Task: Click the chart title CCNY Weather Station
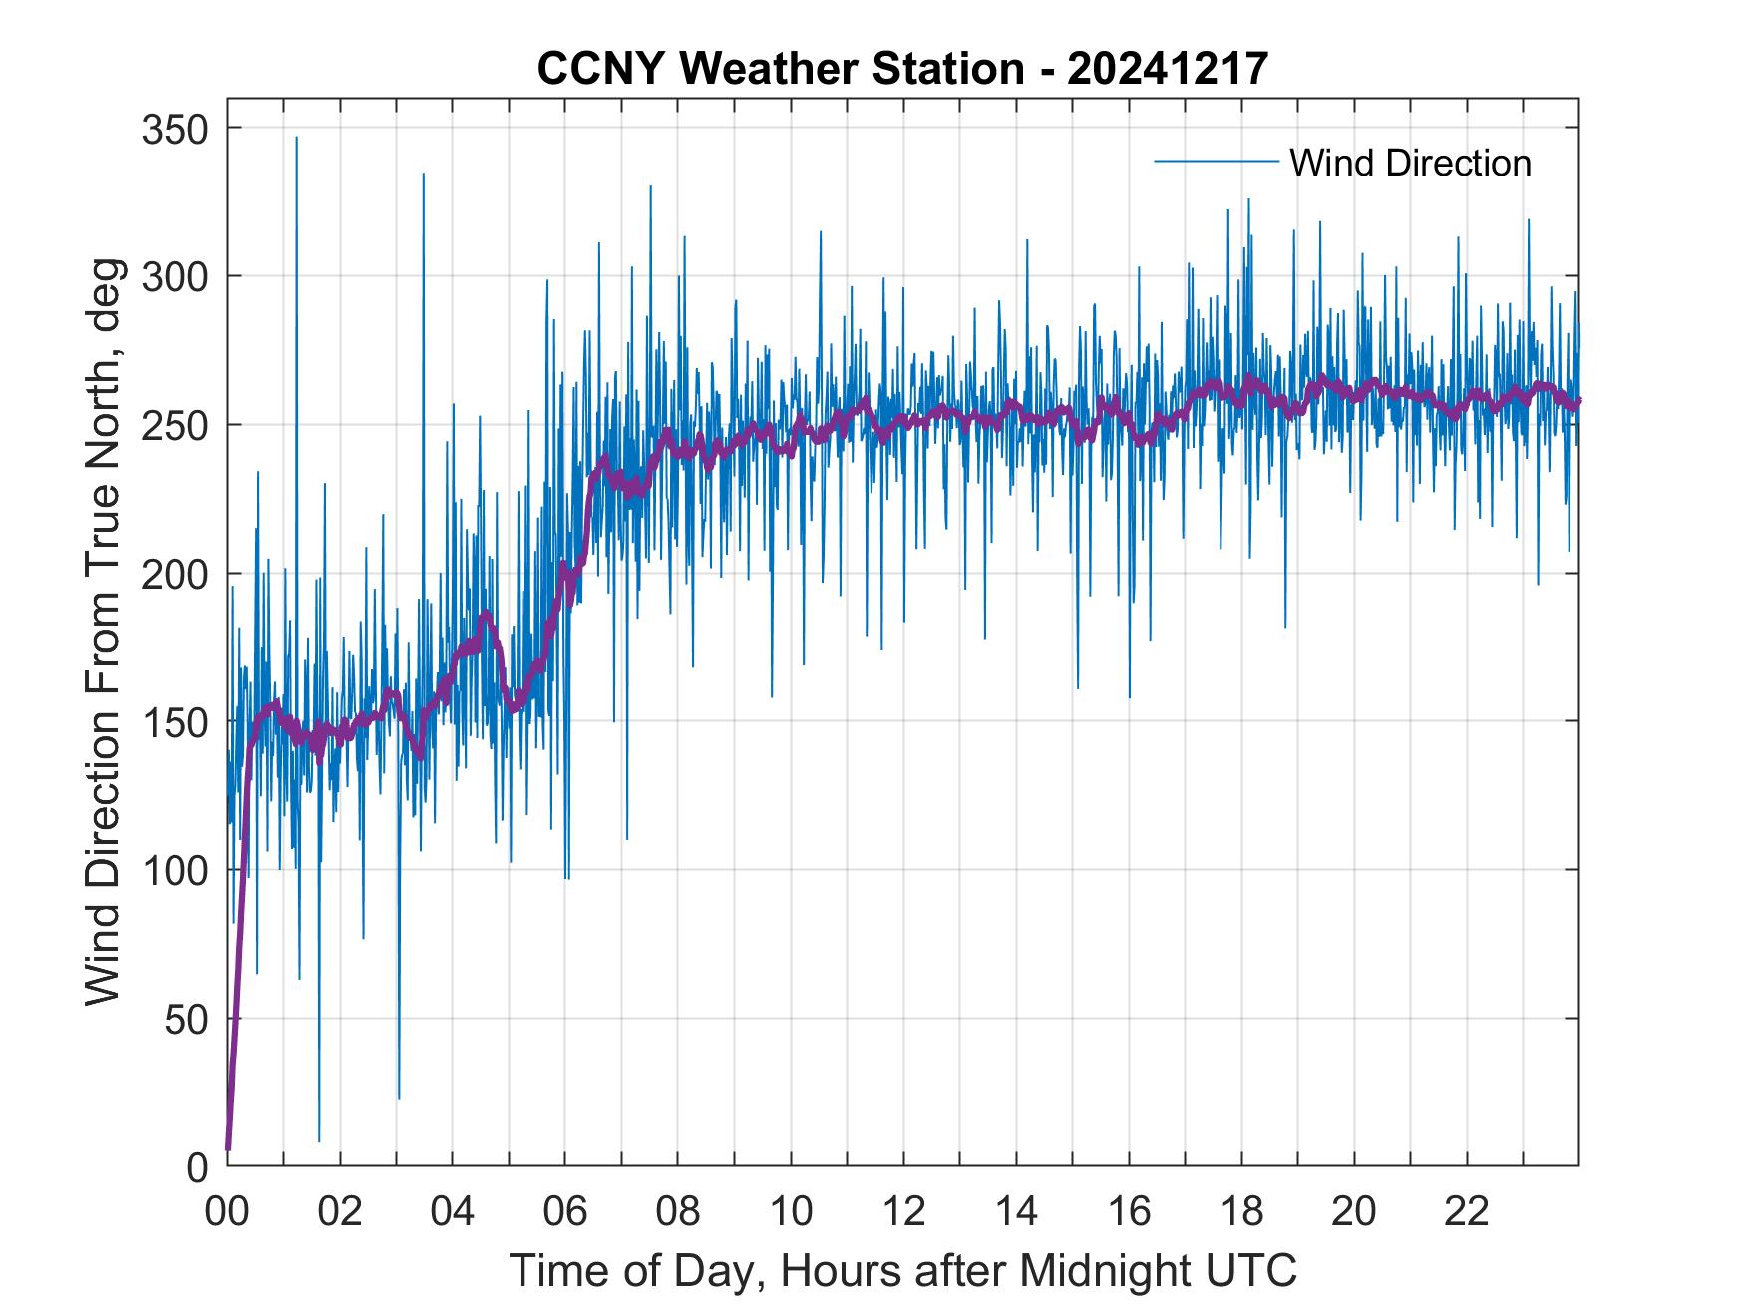pyautogui.click(x=780, y=69)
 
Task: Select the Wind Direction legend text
pyautogui.click(x=1410, y=163)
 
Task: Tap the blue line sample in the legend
pyautogui.click(x=1216, y=162)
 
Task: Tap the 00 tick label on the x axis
pyautogui.click(x=227, y=1211)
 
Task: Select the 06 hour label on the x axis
pyautogui.click(x=565, y=1211)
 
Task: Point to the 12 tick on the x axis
pyautogui.click(x=903, y=1211)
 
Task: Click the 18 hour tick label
pyautogui.click(x=1241, y=1211)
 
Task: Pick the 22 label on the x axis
pyautogui.click(x=1467, y=1211)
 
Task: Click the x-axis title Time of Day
pyautogui.click(x=903, y=1270)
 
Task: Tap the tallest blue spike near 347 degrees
pyautogui.click(x=296, y=139)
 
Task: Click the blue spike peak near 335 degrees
pyautogui.click(x=423, y=175)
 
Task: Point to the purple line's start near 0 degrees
pyautogui.click(x=228, y=1147)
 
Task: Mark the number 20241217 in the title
pyautogui.click(x=1168, y=69)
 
